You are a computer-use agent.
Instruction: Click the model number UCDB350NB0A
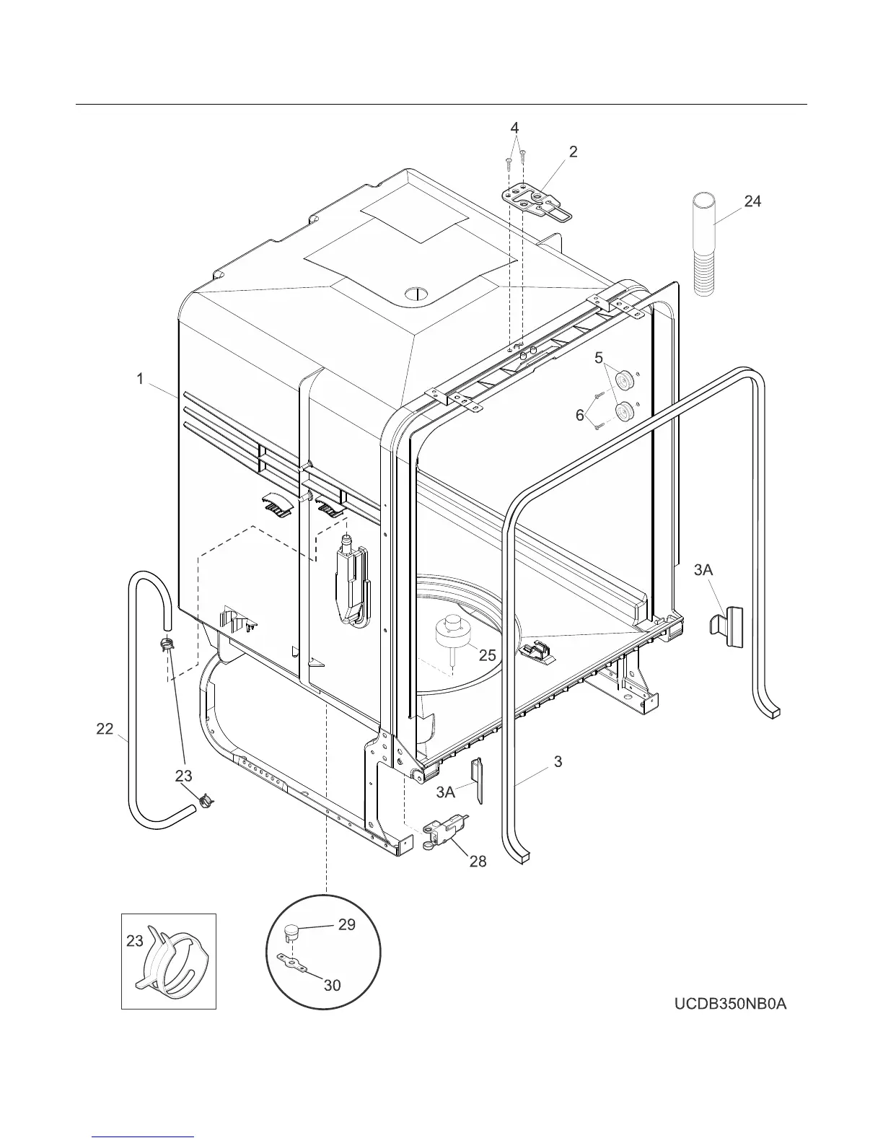coord(730,1004)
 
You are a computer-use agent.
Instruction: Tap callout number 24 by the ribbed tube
coord(752,201)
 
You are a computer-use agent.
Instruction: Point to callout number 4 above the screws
coord(514,128)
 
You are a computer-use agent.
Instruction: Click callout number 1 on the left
coord(140,378)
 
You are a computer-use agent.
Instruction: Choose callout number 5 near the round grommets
coord(598,356)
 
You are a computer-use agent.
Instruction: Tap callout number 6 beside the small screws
coord(579,416)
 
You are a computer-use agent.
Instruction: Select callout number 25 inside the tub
coord(487,654)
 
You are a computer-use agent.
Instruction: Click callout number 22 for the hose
coord(105,729)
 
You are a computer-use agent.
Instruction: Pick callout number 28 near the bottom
coord(478,861)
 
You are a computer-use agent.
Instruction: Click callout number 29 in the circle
coord(346,924)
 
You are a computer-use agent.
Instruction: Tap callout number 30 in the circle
coord(332,984)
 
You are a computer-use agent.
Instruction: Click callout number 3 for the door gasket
coord(558,761)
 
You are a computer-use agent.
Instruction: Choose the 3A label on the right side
coord(703,570)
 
